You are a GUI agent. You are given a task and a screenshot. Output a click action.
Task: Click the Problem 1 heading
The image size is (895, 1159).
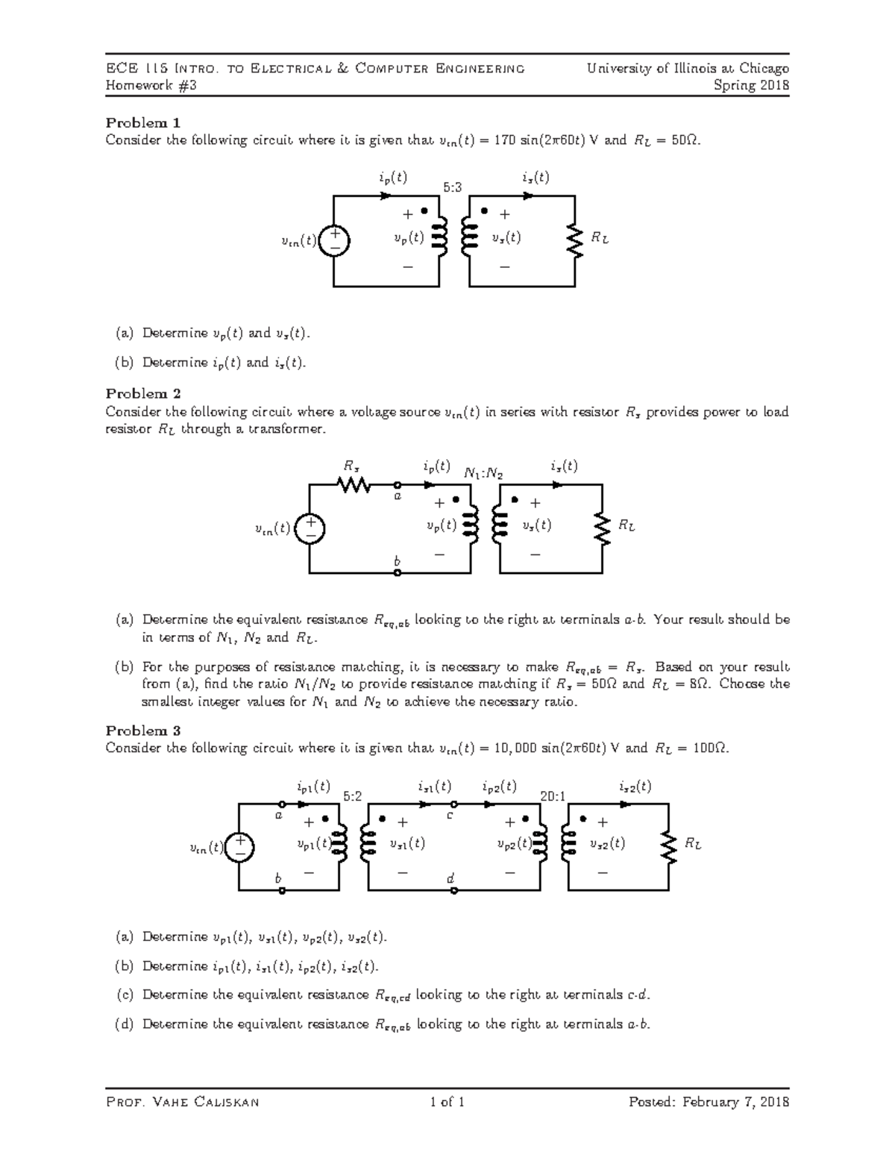143,122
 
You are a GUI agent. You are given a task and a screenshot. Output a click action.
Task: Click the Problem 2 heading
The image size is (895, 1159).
143,393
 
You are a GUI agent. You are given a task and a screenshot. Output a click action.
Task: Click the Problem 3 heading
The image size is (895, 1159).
143,730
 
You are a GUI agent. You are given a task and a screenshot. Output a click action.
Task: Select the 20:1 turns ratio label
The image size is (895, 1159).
553,796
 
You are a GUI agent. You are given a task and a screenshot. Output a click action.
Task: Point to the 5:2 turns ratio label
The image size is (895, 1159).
353,796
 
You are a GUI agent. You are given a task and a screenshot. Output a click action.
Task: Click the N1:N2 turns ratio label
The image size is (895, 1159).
483,473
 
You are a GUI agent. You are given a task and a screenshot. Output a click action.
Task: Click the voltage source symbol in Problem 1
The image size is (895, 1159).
334,240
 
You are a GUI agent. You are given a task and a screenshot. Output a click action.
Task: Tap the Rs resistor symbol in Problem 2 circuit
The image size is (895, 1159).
354,485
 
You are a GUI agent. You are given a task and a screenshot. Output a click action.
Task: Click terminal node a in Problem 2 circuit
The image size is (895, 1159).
398,485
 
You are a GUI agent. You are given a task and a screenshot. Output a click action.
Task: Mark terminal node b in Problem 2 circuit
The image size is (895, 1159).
398,573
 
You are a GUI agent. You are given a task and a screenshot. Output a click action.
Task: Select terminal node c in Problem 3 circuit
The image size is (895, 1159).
453,805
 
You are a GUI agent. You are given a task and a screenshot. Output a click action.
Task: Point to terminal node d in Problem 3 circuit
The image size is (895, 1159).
453,890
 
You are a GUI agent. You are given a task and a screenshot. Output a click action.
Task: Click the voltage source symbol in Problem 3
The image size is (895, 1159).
239,847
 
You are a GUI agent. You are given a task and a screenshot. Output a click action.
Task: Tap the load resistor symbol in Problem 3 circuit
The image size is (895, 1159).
668,847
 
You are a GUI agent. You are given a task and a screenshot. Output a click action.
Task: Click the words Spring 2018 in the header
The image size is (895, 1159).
751,85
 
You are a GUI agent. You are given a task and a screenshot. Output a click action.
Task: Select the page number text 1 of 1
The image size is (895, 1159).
447,1102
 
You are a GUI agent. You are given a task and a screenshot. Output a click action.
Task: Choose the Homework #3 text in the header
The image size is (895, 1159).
151,85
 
